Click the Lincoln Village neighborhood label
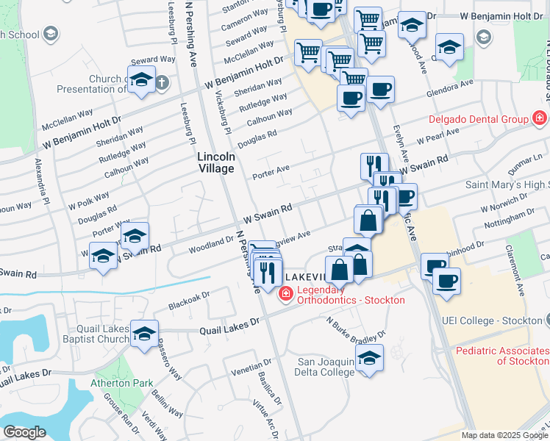tap(216, 162)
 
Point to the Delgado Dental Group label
tap(479, 118)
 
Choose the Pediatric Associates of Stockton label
tap(502, 356)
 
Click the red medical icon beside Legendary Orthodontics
tap(285, 294)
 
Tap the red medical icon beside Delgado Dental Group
tap(540, 118)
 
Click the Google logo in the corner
tap(24, 432)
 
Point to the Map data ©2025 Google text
tap(503, 435)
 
